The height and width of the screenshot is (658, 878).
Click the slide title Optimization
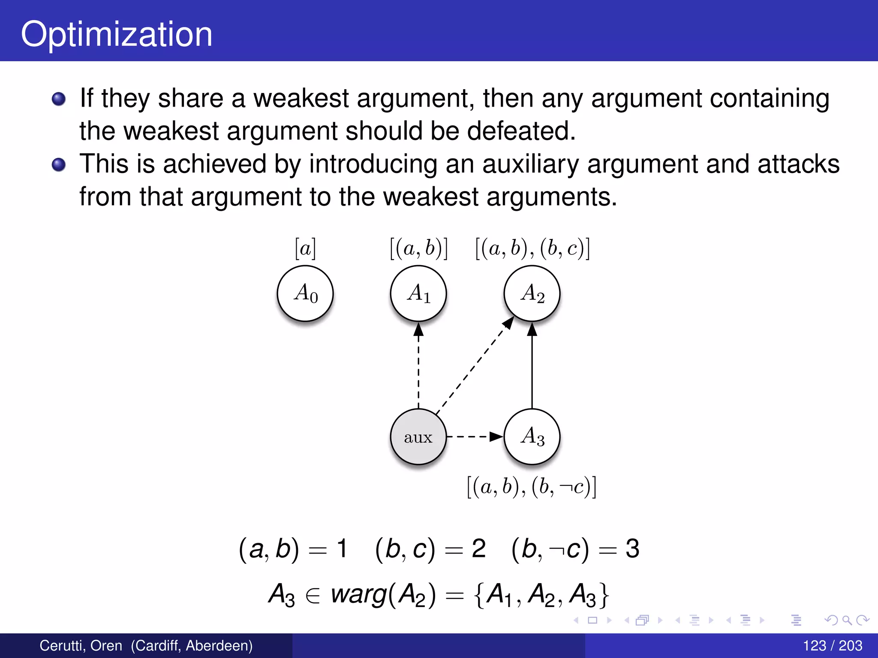117,34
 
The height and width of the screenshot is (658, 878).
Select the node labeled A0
305,293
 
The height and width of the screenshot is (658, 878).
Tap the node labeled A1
418,293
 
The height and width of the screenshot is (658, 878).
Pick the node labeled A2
532,293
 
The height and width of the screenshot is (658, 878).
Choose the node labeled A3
532,437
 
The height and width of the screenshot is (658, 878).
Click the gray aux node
418,437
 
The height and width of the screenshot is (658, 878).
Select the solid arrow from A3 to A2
532,368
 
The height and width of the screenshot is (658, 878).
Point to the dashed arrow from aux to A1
418,368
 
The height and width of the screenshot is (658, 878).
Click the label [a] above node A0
305,248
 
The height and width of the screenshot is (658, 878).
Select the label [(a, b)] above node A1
419,248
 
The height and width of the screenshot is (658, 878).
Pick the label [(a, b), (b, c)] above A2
532,248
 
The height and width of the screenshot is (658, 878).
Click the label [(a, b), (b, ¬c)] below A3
532,487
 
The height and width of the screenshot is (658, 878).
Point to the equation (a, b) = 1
292,549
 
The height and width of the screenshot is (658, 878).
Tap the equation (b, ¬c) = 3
575,549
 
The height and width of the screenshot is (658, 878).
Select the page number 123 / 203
832,646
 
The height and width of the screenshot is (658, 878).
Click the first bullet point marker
59,99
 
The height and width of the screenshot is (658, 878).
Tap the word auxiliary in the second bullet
530,164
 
